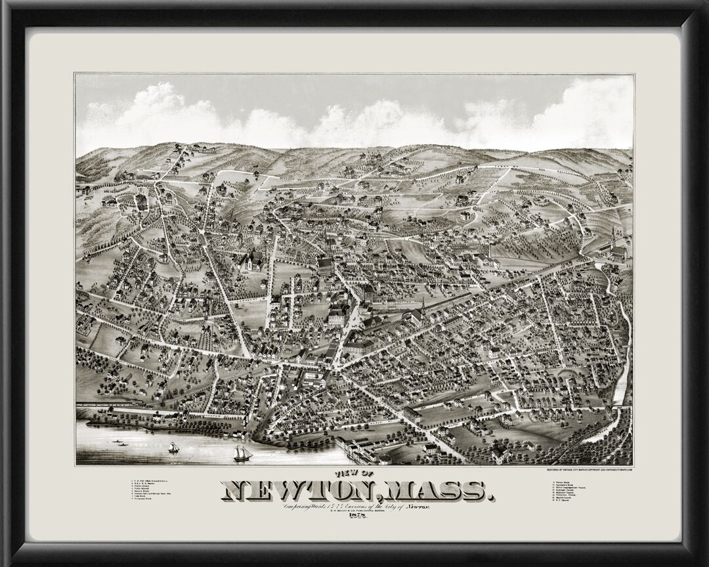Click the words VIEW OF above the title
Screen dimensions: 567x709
(355, 474)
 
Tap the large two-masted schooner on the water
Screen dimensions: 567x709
(242, 452)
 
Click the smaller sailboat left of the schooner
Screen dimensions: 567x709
(174, 447)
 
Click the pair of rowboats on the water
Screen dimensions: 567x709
(121, 443)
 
